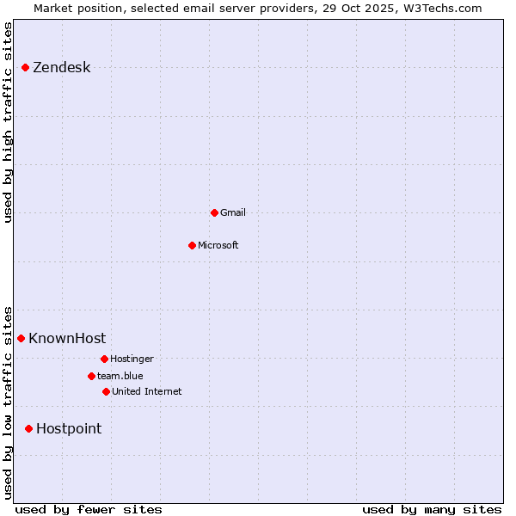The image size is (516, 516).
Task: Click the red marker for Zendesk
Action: [26, 67]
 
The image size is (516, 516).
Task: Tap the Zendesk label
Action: [61, 68]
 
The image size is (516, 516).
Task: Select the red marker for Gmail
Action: [214, 212]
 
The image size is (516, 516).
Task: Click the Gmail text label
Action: [233, 212]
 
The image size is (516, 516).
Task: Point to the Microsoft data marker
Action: [192, 245]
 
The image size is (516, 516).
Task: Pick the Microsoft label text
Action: [218, 245]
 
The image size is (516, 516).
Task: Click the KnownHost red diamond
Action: [21, 338]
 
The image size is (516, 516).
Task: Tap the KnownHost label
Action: [67, 338]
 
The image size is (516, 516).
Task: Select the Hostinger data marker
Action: [104, 359]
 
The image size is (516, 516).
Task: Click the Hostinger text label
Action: [132, 359]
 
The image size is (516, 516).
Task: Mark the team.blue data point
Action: [91, 376]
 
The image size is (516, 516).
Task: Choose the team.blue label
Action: [120, 376]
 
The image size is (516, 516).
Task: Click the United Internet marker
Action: [106, 391]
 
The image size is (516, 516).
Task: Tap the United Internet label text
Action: [147, 391]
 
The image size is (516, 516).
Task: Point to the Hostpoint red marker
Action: [29, 428]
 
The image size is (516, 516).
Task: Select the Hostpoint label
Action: [69, 428]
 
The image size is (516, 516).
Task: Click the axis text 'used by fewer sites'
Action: [89, 509]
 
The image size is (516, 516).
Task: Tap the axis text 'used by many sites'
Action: [432, 509]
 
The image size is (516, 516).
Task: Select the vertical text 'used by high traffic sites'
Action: [8, 122]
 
